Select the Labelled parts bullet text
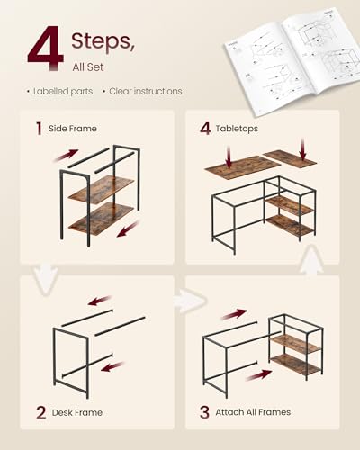click(62, 91)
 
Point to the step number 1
click(39, 128)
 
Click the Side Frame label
click(74, 129)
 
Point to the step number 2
click(40, 413)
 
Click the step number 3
click(203, 413)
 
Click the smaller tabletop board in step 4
click(290, 158)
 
